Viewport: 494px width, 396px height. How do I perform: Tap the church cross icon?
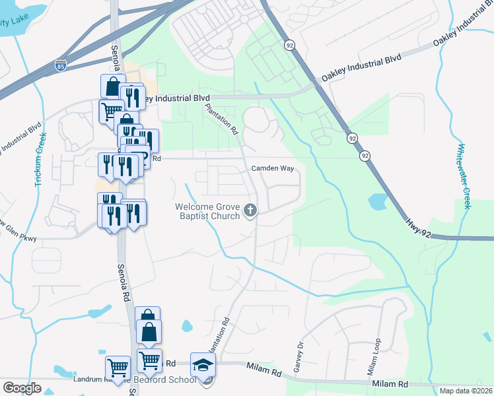tap(250, 211)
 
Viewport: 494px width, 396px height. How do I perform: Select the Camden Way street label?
tap(272, 168)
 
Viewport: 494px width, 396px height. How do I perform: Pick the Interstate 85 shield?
tap(61, 67)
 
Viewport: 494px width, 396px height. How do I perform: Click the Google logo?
tap(22, 388)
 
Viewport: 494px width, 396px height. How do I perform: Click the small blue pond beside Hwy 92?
tap(377, 201)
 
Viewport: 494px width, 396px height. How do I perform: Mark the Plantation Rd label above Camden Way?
tap(221, 119)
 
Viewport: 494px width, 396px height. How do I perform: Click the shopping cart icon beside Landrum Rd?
tap(118, 367)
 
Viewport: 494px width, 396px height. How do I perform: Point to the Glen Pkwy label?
tap(18, 238)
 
